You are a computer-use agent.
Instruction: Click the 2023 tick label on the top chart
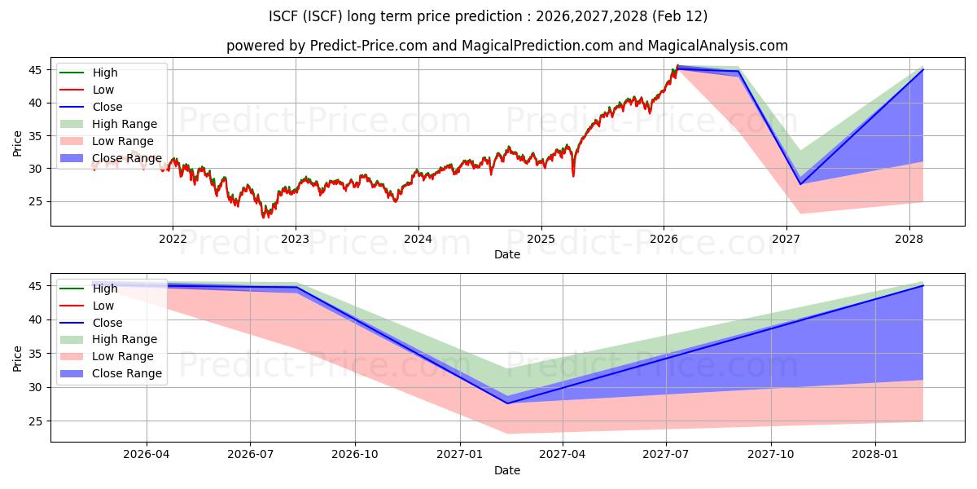(295, 239)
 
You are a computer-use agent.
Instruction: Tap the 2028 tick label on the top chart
(909, 239)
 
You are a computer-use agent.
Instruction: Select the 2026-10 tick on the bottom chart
(355, 455)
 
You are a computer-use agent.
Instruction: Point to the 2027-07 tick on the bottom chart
(666, 455)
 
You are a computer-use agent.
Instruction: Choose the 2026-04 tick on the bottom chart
(147, 455)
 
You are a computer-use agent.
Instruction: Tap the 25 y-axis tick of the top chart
(36, 201)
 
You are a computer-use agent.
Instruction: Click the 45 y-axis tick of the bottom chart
(36, 286)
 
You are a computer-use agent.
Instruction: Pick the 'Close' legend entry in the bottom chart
(107, 322)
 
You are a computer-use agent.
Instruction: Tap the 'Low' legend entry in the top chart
(103, 90)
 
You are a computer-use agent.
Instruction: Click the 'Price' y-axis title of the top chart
(18, 143)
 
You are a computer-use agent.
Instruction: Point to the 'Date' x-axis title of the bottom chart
(507, 470)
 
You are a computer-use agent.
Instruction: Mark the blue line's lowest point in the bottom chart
(507, 403)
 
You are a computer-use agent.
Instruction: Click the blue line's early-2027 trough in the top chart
(800, 184)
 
